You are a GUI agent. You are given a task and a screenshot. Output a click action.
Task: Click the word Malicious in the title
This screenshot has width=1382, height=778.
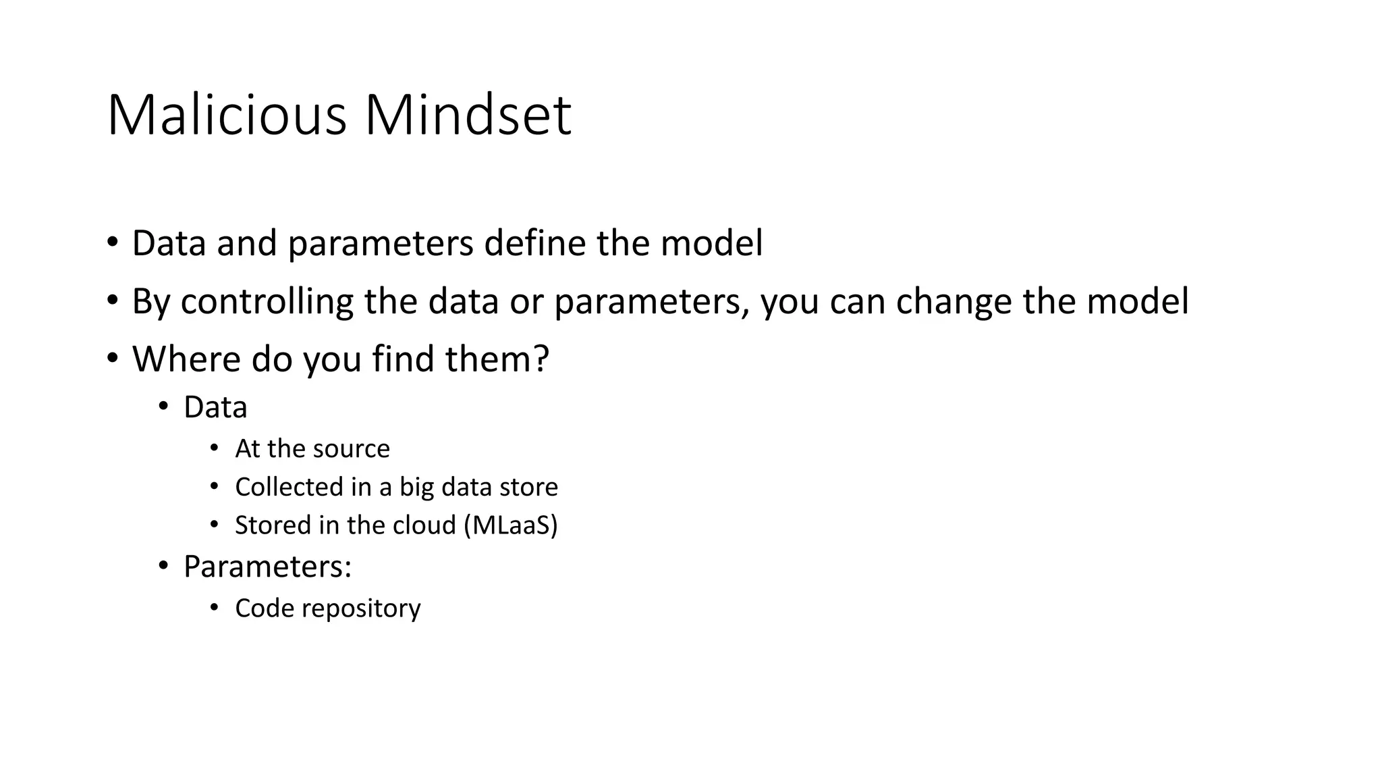pyautogui.click(x=227, y=115)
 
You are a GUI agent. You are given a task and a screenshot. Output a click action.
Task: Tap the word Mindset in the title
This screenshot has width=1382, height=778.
pyautogui.click(x=468, y=115)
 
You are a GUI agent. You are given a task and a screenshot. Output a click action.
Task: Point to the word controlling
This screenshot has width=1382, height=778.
pyautogui.click(x=266, y=301)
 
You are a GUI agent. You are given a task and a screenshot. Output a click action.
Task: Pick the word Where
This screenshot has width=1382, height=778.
pyautogui.click(x=186, y=359)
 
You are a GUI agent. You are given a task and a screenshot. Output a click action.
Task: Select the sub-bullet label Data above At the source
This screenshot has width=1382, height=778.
pyautogui.click(x=215, y=407)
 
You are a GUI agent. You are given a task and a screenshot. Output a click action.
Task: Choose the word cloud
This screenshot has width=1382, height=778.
pyautogui.click(x=424, y=525)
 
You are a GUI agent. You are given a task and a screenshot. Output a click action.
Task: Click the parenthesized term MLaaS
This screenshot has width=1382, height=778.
pyautogui.click(x=511, y=525)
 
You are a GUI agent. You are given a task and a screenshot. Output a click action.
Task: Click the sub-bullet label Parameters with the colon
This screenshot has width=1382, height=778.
pyautogui.click(x=267, y=567)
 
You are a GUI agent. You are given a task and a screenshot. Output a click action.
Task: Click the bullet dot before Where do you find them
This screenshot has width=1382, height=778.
pyautogui.click(x=112, y=357)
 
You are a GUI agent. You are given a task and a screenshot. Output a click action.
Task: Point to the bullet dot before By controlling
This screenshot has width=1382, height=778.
pyautogui.click(x=112, y=300)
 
